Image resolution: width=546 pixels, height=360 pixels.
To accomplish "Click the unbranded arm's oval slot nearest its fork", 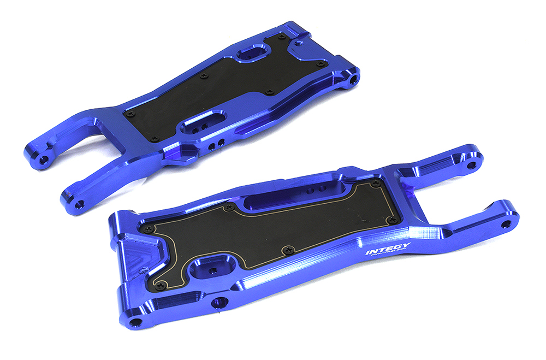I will (205, 121).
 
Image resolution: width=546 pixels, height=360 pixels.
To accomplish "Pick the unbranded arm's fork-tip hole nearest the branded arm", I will (80, 204).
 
